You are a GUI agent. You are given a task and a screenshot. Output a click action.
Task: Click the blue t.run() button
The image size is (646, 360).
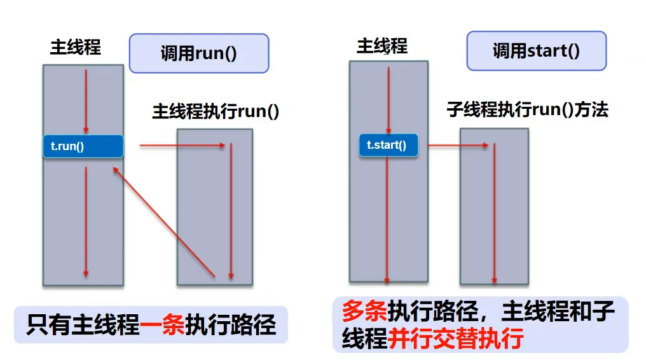click(x=83, y=146)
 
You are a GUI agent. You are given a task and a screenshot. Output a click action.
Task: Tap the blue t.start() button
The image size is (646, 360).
click(x=388, y=145)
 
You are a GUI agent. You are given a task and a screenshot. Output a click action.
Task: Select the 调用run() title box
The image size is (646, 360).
click(x=199, y=53)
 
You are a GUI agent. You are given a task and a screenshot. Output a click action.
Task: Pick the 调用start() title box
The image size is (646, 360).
click(x=536, y=51)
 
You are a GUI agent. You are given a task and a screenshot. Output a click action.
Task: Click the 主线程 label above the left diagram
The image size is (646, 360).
click(x=76, y=48)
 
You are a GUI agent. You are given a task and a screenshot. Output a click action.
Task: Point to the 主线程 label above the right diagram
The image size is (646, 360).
click(x=382, y=46)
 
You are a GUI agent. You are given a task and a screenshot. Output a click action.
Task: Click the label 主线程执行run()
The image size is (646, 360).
click(x=216, y=111)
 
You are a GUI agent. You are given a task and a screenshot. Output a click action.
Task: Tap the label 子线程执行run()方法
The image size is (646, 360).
click(x=527, y=109)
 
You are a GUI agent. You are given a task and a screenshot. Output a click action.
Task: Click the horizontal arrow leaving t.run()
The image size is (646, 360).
click(x=182, y=146)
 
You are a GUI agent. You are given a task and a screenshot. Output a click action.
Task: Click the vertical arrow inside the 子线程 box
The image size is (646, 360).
click(x=494, y=213)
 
